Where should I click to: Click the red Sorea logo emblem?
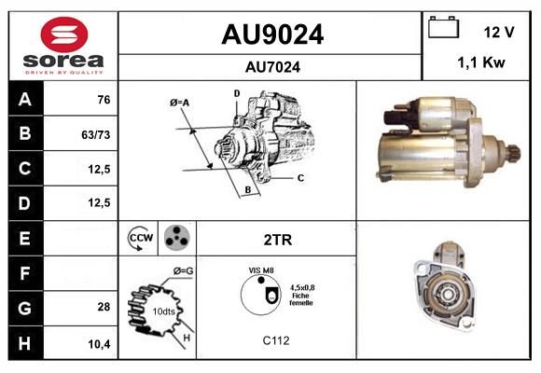tap(64, 35)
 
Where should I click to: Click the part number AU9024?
tap(272, 35)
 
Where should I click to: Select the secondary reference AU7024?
tap(272, 67)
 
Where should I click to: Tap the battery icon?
tap(443, 27)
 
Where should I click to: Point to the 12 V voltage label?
tap(499, 32)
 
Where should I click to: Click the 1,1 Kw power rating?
tap(481, 62)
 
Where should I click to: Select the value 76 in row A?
tap(104, 100)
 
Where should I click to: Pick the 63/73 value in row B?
tap(95, 134)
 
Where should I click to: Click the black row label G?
tap(25, 308)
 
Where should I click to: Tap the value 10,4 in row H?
tap(99, 344)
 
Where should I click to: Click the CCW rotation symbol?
tap(140, 238)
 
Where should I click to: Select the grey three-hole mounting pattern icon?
tap(177, 238)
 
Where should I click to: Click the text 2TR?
tap(278, 240)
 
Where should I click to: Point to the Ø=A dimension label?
tap(179, 103)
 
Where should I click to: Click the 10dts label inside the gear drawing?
tap(163, 311)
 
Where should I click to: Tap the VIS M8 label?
tap(261, 270)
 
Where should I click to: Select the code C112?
tap(276, 340)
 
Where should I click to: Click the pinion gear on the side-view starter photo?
tap(513, 156)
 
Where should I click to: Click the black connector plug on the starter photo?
tap(395, 118)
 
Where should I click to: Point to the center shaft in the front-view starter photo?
tap(448, 295)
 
